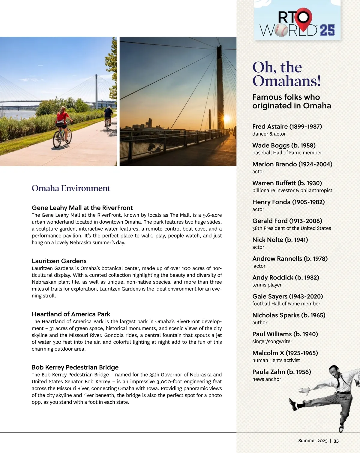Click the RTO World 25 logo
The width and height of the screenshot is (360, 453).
coord(297,23)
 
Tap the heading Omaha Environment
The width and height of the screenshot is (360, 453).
coord(71,188)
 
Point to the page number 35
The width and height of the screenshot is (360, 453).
coord(336,441)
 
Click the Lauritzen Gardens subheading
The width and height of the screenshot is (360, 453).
coord(59,261)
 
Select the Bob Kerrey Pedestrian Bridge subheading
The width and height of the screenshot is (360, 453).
coord(75,367)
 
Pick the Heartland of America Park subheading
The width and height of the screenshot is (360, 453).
coord(71,314)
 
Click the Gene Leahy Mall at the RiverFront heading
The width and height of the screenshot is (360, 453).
coord(82,208)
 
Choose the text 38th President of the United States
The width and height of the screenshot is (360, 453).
coord(292,228)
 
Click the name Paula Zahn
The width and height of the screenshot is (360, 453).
coord(268,372)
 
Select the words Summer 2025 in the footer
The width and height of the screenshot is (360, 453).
coord(313,441)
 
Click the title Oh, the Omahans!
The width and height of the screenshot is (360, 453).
coord(286,74)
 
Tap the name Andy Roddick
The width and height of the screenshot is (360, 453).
coord(273,277)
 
